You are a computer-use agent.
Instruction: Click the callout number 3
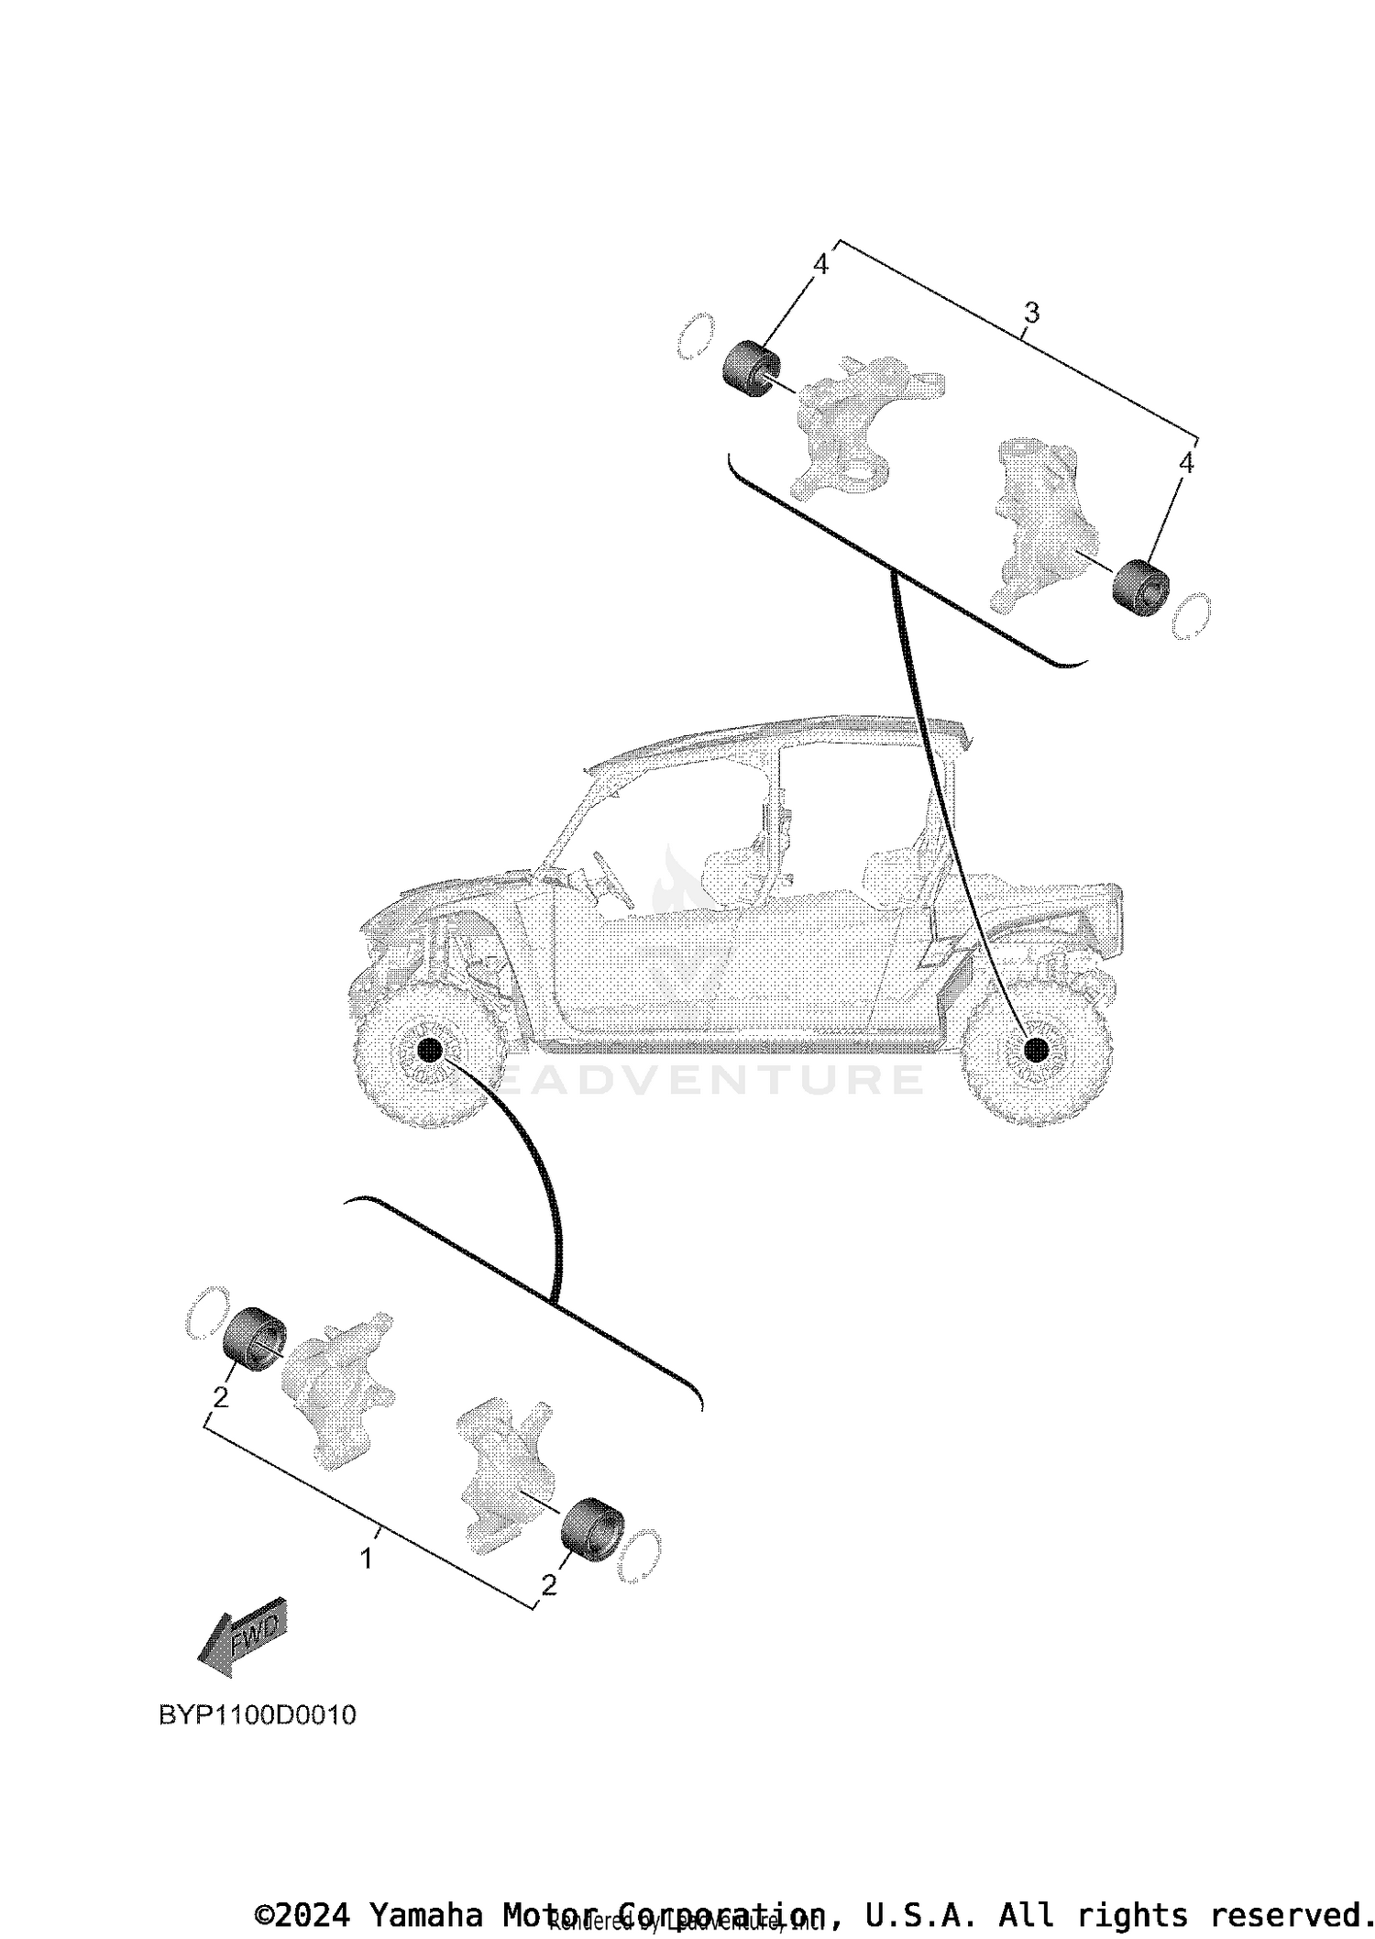click(x=1031, y=314)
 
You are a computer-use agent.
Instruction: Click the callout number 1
click(x=366, y=1559)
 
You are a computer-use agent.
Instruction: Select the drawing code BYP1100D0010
click(x=258, y=1714)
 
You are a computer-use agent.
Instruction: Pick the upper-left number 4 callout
click(x=820, y=265)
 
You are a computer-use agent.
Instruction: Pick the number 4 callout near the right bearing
click(x=1186, y=463)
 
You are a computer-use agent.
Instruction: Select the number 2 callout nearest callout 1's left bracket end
click(x=220, y=1398)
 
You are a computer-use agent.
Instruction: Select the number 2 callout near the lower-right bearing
click(x=549, y=1585)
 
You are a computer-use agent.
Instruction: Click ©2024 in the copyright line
click(x=303, y=1914)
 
